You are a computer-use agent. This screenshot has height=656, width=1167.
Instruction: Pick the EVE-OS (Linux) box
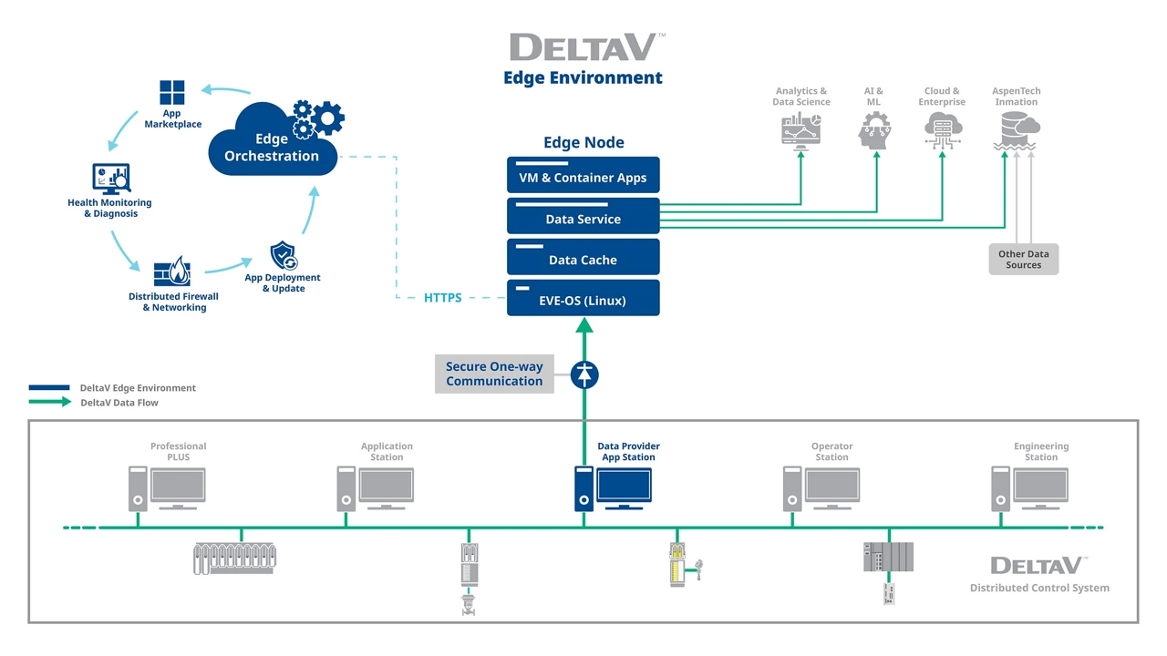(x=583, y=299)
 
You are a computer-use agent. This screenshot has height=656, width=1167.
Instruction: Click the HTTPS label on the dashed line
(x=443, y=298)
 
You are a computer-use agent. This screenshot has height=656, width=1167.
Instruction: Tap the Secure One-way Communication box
(x=494, y=374)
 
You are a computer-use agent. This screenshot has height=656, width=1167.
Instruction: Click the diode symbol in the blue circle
(x=583, y=374)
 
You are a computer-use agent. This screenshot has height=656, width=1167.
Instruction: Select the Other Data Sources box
(x=1023, y=260)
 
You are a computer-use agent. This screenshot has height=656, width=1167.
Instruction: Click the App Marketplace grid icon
(x=172, y=93)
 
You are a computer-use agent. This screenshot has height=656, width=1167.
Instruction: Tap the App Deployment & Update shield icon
(x=284, y=256)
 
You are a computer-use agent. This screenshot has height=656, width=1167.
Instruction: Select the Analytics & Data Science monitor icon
(x=800, y=131)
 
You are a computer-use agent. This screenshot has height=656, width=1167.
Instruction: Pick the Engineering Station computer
(x=1029, y=488)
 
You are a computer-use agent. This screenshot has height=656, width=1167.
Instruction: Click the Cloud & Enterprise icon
(x=941, y=131)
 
